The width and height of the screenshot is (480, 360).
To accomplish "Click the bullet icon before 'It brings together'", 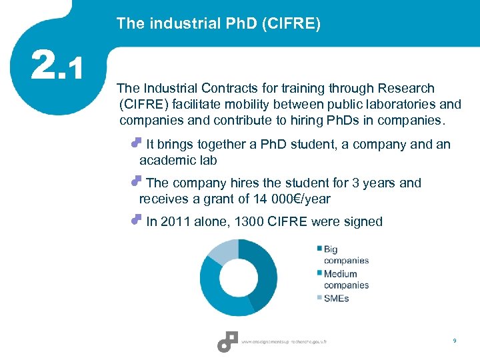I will point(137,143).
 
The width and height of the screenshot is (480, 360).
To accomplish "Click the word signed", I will point(363,221).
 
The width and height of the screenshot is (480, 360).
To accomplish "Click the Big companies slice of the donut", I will point(263,273).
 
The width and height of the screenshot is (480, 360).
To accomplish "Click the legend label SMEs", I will point(336,298).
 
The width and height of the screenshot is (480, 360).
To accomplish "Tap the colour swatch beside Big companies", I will point(320,249).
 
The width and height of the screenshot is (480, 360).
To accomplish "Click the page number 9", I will point(454,341).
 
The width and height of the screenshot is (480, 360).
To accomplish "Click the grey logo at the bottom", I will point(227,341).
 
